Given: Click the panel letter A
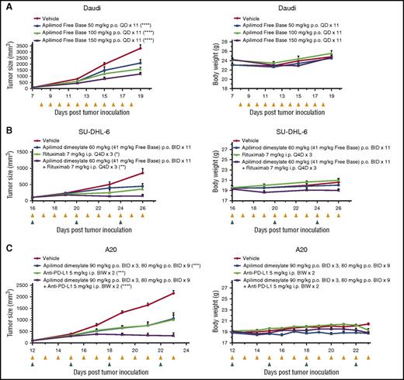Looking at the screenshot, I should (5, 5).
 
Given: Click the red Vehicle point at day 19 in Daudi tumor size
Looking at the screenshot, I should (162, 48).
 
